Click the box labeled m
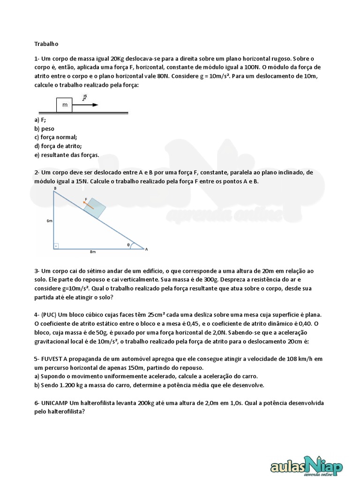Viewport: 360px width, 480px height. click(x=65, y=105)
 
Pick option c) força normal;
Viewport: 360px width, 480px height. click(x=55, y=137)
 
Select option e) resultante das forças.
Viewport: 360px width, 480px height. click(x=67, y=154)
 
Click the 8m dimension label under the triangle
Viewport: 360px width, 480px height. click(x=93, y=252)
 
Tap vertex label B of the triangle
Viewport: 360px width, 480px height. click(x=55, y=188)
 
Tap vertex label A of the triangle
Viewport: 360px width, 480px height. click(x=146, y=249)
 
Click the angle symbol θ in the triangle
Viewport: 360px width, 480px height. click(x=129, y=244)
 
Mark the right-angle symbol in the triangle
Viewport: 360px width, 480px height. click(x=56, y=245)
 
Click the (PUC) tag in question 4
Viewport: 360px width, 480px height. click(x=50, y=314)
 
